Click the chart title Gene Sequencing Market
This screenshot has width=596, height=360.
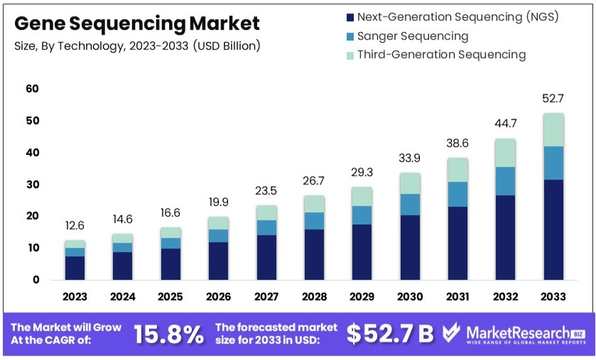click(136, 23)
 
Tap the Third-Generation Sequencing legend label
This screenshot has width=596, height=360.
click(440, 55)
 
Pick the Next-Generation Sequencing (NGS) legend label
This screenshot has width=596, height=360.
click(457, 17)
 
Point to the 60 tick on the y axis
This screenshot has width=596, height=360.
click(32, 89)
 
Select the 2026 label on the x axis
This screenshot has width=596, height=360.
click(218, 296)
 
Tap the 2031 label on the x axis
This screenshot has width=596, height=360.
click(457, 296)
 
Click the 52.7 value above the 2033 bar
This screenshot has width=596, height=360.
click(553, 98)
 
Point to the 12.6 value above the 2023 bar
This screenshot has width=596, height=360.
click(75, 226)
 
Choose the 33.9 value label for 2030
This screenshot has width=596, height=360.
click(410, 158)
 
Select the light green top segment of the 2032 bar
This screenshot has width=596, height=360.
click(506, 153)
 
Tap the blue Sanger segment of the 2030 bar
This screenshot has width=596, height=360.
click(410, 204)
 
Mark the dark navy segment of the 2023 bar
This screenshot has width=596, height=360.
click(75, 268)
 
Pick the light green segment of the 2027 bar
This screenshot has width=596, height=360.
click(266, 212)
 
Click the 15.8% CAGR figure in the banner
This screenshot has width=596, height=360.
click(168, 334)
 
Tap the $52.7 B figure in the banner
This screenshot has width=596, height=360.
click(389, 334)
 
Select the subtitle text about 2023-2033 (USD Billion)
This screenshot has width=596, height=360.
click(137, 46)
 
